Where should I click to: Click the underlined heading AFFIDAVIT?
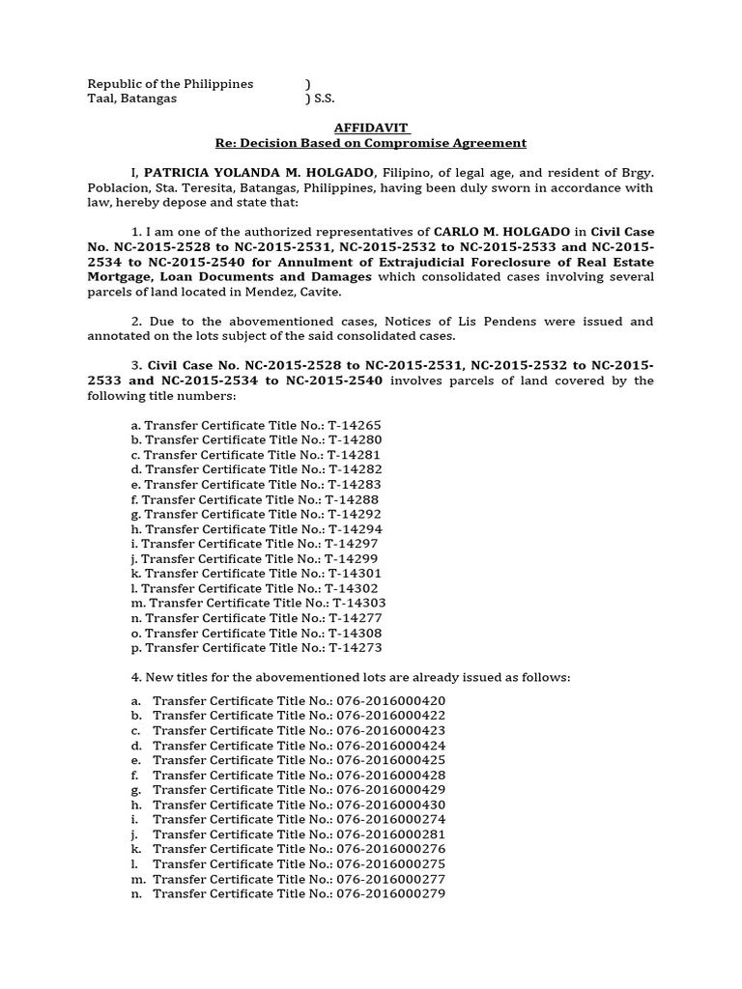[371, 127]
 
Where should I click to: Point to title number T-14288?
[352, 499]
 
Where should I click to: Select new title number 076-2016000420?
[390, 700]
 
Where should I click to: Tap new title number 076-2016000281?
[390, 834]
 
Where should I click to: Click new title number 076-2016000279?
[390, 894]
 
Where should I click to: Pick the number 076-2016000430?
[390, 805]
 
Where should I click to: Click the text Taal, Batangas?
[132, 99]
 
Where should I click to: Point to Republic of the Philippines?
[170, 84]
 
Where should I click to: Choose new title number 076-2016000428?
[390, 775]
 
